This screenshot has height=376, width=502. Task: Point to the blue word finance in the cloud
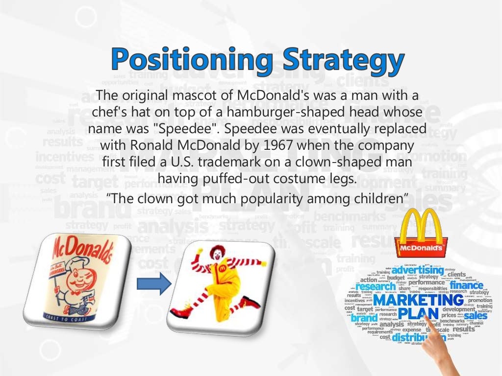[x=466, y=285]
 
